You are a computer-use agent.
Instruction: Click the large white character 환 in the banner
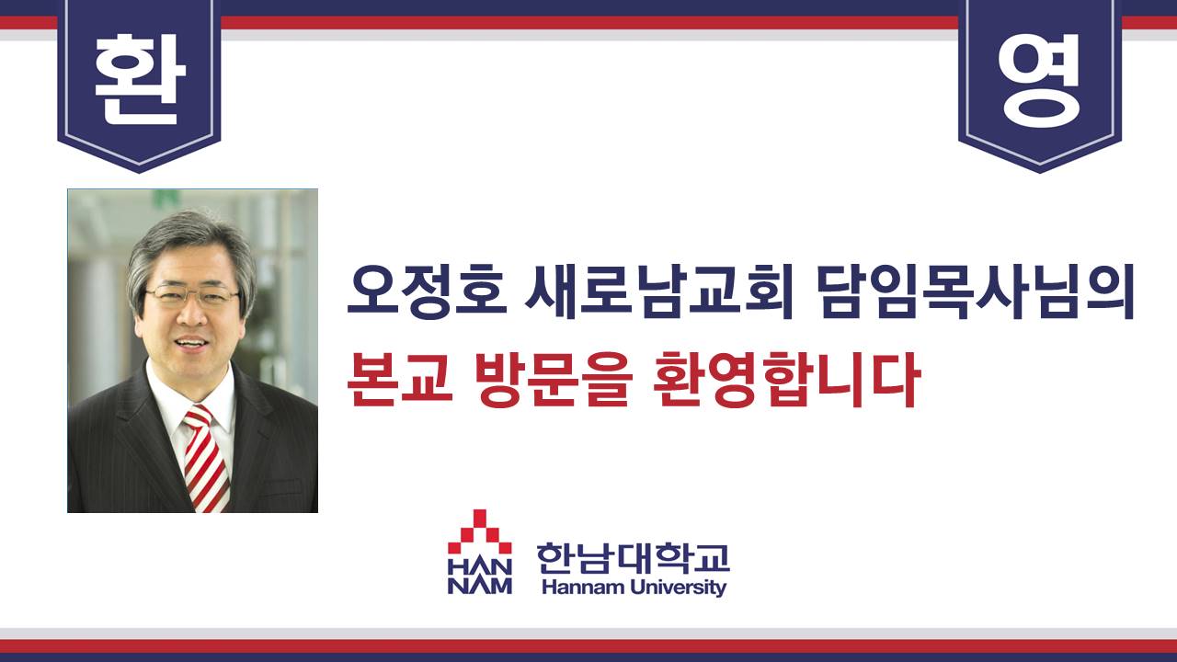[x=140, y=79]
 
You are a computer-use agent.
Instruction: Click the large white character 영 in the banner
[x=1039, y=80]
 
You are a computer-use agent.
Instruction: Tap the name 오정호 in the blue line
[x=427, y=292]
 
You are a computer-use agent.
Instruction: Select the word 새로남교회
[x=659, y=292]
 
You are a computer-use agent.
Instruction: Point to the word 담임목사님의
[x=976, y=292]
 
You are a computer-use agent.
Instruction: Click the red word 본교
[x=400, y=380]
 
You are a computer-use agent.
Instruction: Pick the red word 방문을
[x=551, y=380]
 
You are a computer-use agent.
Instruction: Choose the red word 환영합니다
[x=786, y=380]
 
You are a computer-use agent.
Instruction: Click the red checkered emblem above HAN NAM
[x=479, y=531]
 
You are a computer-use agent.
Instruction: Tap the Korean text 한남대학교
[x=634, y=558]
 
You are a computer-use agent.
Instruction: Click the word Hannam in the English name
[x=583, y=587]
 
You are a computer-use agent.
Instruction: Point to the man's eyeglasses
[x=192, y=295]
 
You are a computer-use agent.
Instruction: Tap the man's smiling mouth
[x=189, y=344]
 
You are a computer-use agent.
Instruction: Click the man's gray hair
[x=189, y=247]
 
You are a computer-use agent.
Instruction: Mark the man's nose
[x=192, y=315]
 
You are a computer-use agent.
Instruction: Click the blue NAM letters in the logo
[x=480, y=586]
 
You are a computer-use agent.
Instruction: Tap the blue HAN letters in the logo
[x=480, y=566]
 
